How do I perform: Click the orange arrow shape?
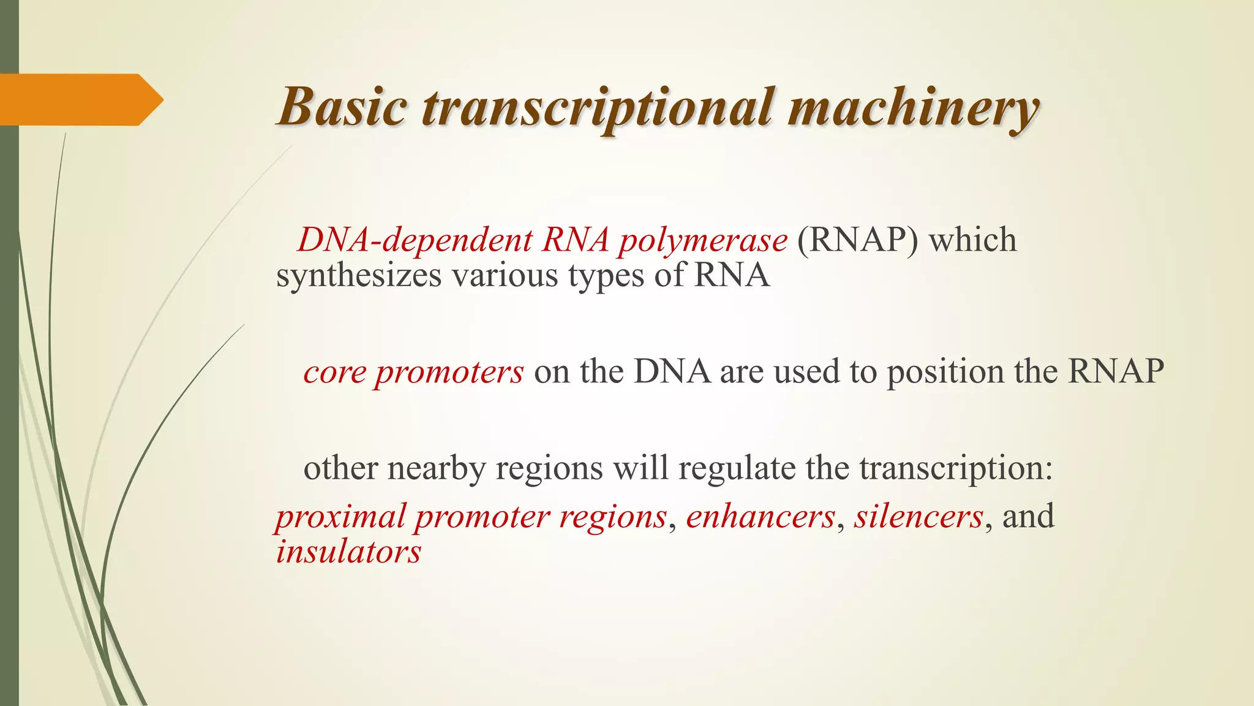tap(80, 100)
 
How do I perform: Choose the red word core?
tap(334, 372)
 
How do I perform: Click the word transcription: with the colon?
tap(956, 469)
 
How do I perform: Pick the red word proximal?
tap(340, 517)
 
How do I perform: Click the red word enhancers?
tap(760, 516)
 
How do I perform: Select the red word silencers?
tap(918, 516)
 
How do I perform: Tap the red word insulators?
tap(348, 552)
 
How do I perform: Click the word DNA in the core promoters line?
tap(672, 372)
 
